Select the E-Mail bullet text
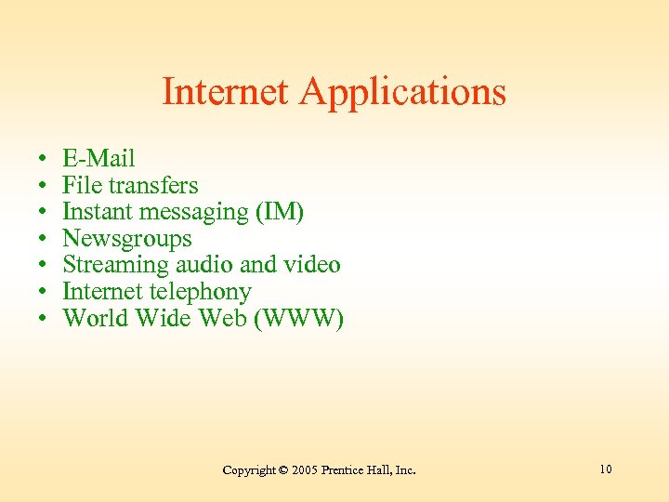(x=98, y=158)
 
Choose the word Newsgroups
(x=126, y=239)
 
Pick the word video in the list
(x=312, y=265)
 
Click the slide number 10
(x=606, y=469)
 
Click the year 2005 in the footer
(x=305, y=470)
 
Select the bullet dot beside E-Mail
(x=44, y=159)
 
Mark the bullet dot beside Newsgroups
(x=44, y=240)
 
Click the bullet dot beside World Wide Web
(x=44, y=320)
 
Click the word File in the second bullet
(x=80, y=185)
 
